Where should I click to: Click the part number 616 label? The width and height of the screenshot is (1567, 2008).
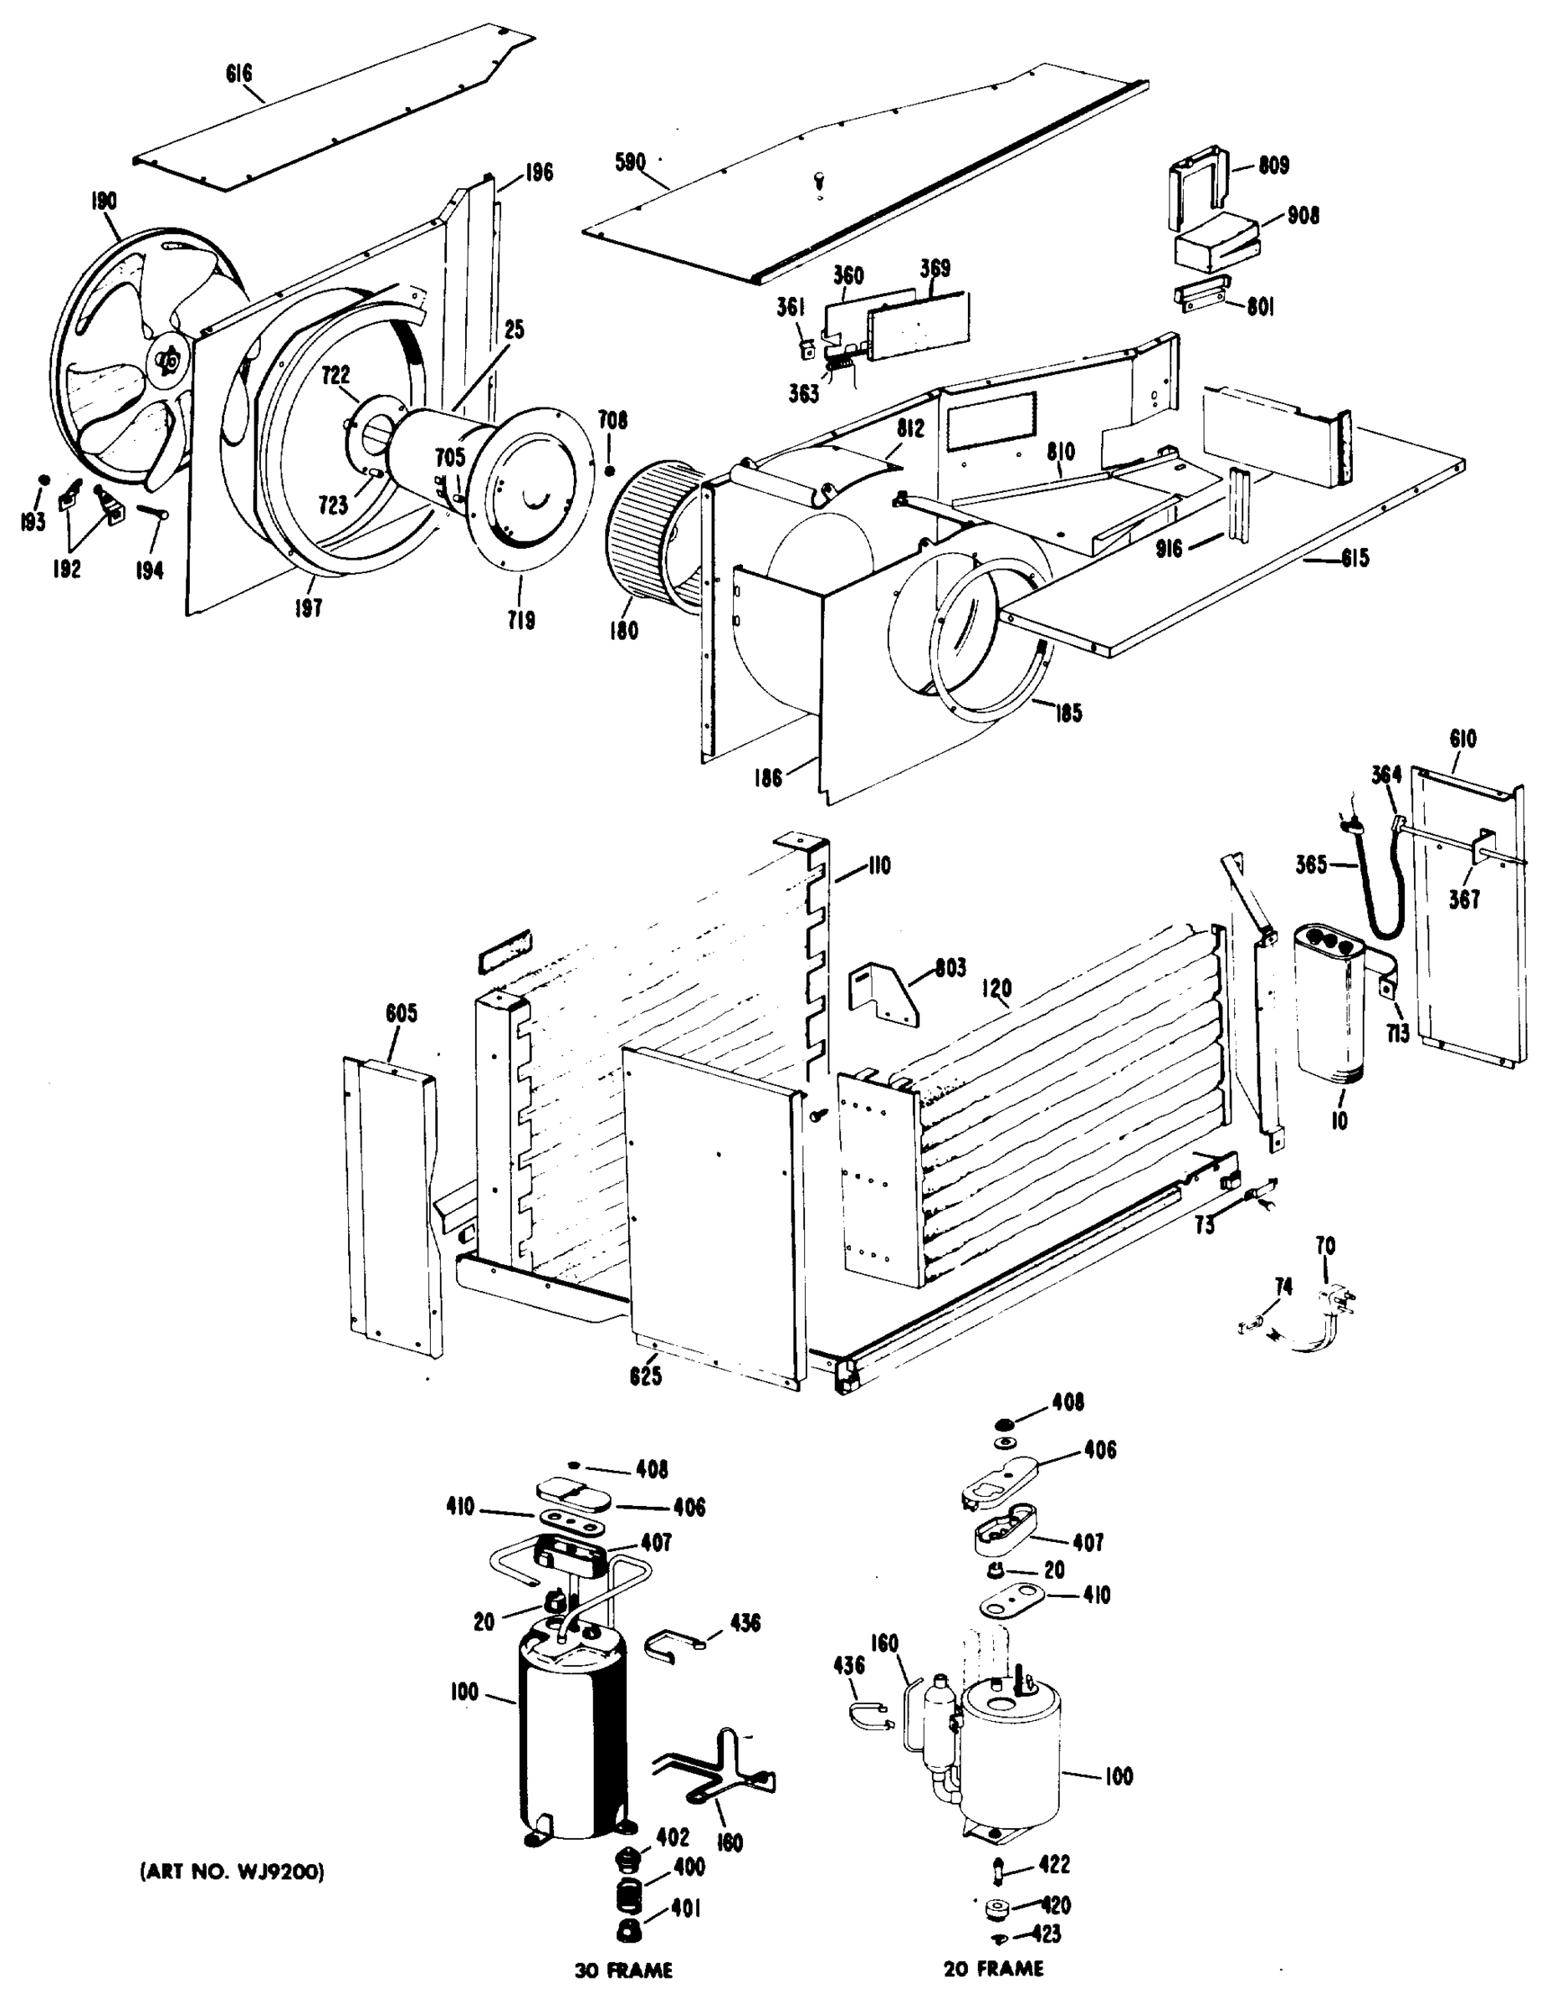pos(239,73)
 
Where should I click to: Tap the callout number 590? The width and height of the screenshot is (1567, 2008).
pos(630,164)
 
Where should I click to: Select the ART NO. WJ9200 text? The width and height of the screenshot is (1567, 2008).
pos(232,1871)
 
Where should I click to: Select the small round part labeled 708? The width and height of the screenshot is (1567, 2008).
pos(610,472)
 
